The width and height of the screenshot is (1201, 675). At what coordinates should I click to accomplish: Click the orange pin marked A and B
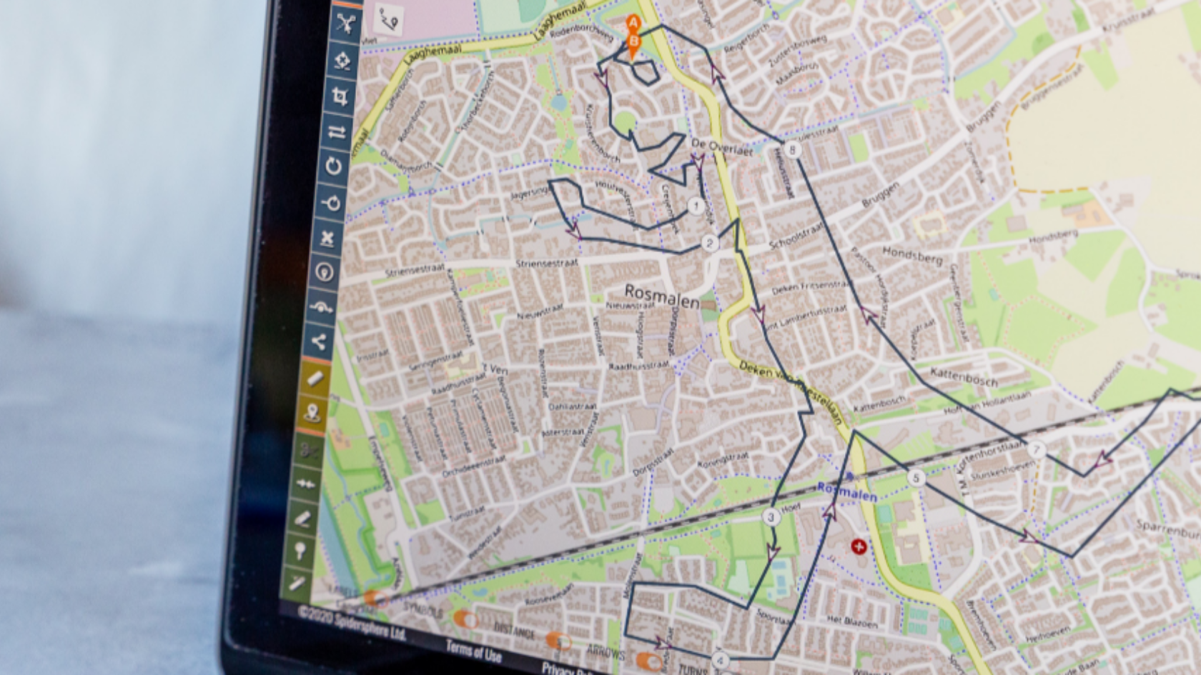633,36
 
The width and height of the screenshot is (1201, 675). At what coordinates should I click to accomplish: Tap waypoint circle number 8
791,150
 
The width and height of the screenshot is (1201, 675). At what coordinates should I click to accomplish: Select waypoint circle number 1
696,206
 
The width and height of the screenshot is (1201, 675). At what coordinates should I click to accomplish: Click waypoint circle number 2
709,243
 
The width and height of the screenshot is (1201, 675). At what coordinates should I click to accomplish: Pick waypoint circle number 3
771,517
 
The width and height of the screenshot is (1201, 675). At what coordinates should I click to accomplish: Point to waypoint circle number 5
916,478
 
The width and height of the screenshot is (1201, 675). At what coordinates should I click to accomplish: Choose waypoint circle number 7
1036,450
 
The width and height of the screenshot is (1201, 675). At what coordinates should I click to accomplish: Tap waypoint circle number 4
720,660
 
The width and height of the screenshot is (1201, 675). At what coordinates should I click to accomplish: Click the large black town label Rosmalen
662,296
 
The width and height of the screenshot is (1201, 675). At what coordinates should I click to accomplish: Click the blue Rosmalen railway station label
847,491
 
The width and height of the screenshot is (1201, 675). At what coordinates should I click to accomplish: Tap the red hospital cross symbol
858,547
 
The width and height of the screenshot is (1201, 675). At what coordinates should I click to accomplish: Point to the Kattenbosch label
964,376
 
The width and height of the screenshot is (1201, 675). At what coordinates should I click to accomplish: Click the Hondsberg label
912,255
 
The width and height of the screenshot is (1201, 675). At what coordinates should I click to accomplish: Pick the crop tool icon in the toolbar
340,95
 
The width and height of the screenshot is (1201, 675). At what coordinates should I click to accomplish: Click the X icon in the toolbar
328,238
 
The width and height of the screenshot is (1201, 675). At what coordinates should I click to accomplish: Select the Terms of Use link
473,651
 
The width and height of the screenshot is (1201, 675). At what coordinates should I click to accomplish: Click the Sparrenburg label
1168,529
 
